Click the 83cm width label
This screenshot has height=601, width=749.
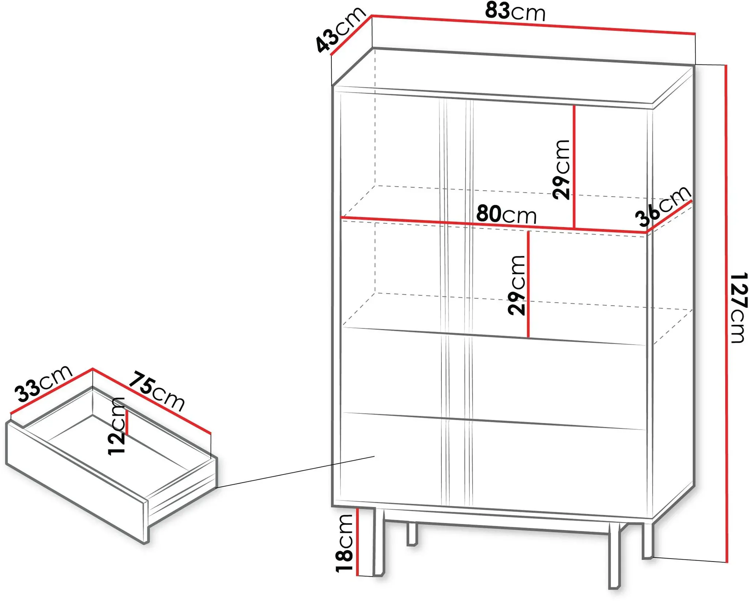515,12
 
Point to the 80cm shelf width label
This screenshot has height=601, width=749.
506,214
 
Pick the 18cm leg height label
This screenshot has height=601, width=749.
344,543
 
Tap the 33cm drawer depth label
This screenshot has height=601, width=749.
44,383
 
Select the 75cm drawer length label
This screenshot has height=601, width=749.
157,390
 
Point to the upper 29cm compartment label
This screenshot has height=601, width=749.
561,169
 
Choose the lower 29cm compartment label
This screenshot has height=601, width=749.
516,285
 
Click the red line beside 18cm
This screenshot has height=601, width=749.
357,541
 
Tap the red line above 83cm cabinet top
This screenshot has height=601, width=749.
533,24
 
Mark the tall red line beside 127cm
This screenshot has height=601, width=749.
726,314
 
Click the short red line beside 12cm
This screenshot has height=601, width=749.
127,422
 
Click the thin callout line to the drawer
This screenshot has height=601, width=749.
296,472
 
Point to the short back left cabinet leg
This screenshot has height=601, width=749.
412,534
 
